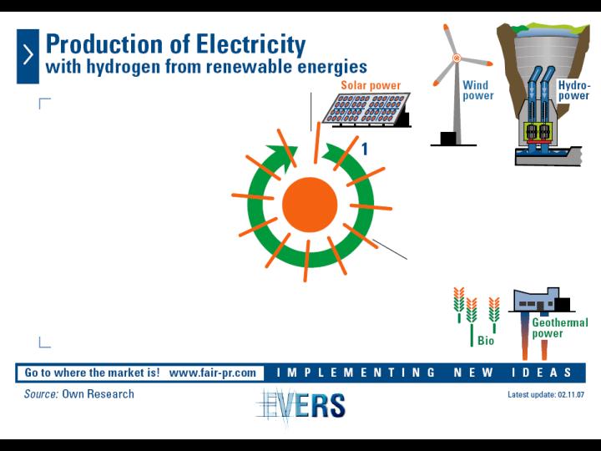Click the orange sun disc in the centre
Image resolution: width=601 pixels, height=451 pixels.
click(x=310, y=205)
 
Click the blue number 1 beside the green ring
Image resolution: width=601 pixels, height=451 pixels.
click(x=365, y=149)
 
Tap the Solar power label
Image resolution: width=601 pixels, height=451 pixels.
click(x=371, y=85)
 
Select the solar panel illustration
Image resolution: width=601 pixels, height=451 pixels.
click(x=366, y=109)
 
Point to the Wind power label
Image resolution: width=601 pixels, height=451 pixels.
click(x=478, y=90)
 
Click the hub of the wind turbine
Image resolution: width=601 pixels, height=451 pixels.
click(x=456, y=58)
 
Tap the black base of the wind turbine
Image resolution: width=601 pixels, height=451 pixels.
click(x=448, y=138)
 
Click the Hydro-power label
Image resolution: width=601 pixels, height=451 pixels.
click(x=573, y=90)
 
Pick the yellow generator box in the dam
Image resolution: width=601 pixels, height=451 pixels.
click(x=537, y=131)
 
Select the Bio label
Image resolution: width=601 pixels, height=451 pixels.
click(x=486, y=341)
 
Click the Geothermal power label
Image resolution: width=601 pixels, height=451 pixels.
click(x=559, y=328)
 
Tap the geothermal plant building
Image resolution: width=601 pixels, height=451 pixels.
click(x=541, y=300)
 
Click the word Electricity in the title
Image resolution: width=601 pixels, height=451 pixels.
click(x=251, y=44)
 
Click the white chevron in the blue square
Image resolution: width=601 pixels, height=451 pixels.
click(x=28, y=55)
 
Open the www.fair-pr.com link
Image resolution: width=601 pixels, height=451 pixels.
click(x=212, y=372)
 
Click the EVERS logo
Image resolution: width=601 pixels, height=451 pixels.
click(x=301, y=405)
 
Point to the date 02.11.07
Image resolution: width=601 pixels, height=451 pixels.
click(x=571, y=394)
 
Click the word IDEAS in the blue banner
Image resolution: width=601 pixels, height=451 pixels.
click(x=541, y=372)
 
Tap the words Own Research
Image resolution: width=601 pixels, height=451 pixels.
click(x=98, y=394)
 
